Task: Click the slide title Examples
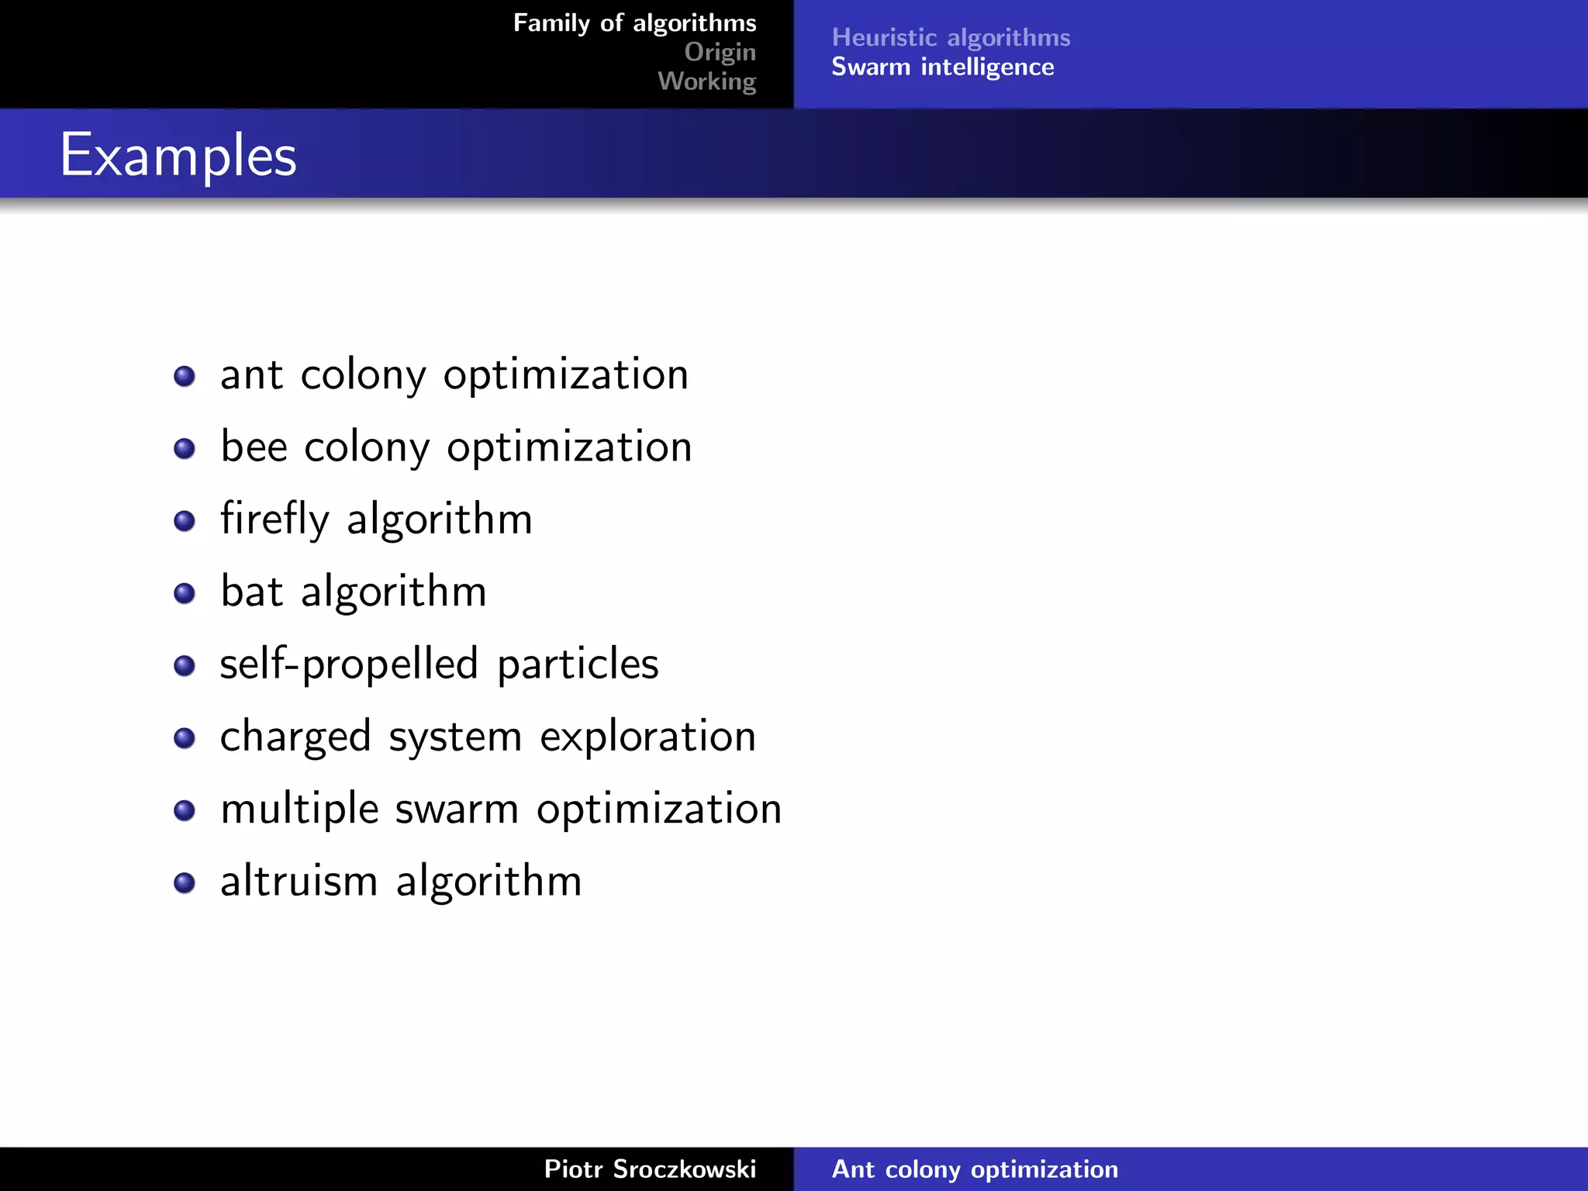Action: [x=178, y=156]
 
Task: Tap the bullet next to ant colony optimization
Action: [x=185, y=376]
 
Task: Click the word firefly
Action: [x=274, y=519]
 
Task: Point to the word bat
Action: [x=251, y=592]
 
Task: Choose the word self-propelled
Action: [x=348, y=665]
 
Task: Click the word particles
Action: [x=578, y=665]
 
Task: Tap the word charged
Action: [x=295, y=737]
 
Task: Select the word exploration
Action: [x=647, y=737]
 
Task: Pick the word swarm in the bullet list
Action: [x=457, y=809]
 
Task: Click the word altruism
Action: [x=299, y=882]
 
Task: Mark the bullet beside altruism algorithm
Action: [x=185, y=882]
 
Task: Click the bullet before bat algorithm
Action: [x=185, y=593]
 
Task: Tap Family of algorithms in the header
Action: [x=634, y=23]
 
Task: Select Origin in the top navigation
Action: [x=720, y=52]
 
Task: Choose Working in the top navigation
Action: [x=706, y=81]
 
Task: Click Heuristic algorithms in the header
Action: [x=951, y=37]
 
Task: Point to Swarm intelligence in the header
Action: [x=942, y=67]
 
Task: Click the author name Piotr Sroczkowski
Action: [x=650, y=1169]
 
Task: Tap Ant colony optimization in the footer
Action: [x=975, y=1169]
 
